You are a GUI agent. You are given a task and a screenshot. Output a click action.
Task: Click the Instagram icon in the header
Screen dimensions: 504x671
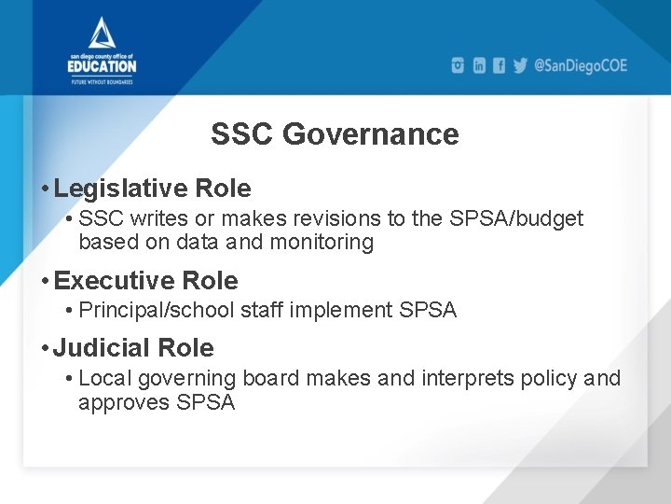click(458, 65)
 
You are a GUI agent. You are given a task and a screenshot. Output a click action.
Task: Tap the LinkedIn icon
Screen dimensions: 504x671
click(479, 65)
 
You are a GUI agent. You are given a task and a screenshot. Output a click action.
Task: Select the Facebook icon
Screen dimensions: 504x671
click(500, 65)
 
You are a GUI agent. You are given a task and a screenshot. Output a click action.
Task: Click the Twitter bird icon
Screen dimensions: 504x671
click(520, 65)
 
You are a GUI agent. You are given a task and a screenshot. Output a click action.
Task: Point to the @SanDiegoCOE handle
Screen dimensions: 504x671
click(581, 65)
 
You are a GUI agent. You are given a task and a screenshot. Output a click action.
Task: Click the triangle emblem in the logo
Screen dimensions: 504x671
click(102, 34)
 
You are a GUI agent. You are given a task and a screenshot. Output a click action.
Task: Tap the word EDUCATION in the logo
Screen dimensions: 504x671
click(102, 66)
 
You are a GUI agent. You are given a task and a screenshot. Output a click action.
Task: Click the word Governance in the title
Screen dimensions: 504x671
click(370, 134)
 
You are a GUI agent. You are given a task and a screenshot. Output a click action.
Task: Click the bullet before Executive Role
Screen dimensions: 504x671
click(46, 282)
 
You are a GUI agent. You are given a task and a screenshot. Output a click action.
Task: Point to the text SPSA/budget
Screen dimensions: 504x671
click(527, 218)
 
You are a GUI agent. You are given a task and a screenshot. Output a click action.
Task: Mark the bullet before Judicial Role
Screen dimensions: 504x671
click(46, 349)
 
